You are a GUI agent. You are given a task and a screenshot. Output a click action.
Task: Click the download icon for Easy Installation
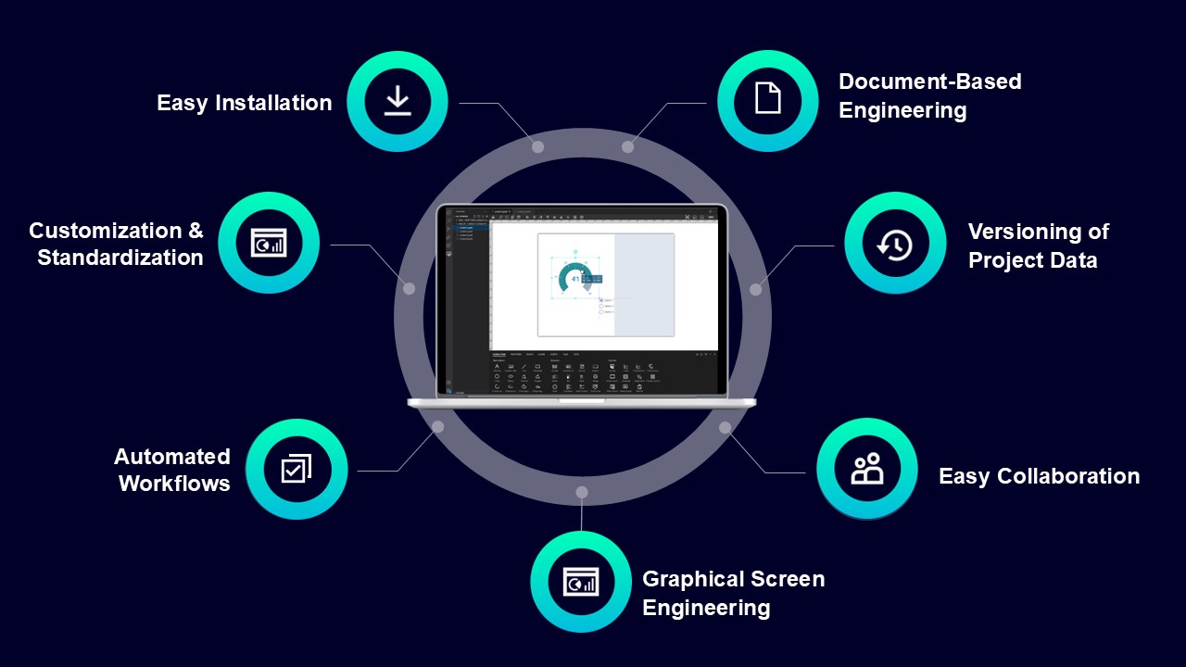point(397,101)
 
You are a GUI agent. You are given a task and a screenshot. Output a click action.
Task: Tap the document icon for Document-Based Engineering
point(767,97)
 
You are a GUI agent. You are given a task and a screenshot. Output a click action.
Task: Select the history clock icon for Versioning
point(895,245)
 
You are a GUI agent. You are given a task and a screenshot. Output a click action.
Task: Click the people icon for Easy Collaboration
point(867,470)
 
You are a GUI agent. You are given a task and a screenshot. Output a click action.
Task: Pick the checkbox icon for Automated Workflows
point(296,469)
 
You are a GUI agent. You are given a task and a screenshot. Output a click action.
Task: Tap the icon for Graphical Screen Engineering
point(581,582)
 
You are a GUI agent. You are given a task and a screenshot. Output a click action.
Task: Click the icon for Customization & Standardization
point(269,243)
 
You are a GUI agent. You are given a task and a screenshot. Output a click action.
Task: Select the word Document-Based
point(929,82)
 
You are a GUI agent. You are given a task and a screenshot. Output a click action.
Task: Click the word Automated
point(172,457)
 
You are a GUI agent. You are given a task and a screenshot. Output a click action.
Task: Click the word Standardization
point(120,258)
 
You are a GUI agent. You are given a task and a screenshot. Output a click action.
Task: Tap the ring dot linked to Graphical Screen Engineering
point(582,492)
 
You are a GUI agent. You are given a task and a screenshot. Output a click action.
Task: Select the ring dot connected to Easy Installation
point(537,146)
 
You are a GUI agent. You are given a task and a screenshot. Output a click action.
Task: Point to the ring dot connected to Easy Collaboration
point(725,427)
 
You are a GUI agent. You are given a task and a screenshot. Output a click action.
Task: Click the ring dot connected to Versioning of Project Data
point(755,289)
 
